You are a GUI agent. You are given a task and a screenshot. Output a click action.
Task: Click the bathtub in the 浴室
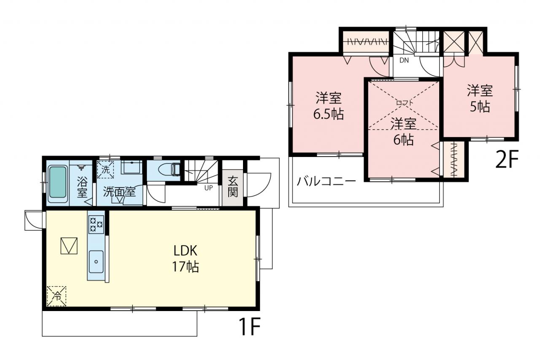[58, 184]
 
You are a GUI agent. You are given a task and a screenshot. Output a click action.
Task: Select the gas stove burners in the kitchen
[96, 225]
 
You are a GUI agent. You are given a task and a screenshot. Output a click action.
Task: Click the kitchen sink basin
[96, 262]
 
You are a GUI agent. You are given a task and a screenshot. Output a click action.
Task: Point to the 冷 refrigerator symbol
[57, 296]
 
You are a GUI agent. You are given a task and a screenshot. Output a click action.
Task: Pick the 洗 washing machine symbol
[105, 170]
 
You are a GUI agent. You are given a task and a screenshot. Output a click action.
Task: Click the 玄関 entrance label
[232, 187]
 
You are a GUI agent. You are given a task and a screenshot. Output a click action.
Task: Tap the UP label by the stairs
[208, 188]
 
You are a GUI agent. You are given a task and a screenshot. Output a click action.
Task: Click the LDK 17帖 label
[185, 259]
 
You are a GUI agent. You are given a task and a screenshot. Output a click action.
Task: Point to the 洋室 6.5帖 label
[328, 106]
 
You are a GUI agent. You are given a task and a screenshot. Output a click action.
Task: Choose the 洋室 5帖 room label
[480, 98]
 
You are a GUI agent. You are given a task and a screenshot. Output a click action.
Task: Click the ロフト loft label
[405, 103]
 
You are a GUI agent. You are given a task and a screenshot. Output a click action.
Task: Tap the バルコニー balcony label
[326, 181]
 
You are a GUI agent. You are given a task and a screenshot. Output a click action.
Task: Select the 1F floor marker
[249, 327]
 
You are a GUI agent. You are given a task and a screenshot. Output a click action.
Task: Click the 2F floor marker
[507, 159]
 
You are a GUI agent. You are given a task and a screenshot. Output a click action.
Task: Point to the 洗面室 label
[119, 192]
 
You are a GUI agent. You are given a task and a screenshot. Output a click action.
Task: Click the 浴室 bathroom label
[82, 187]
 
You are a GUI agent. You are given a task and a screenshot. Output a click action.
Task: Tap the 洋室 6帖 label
[403, 132]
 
